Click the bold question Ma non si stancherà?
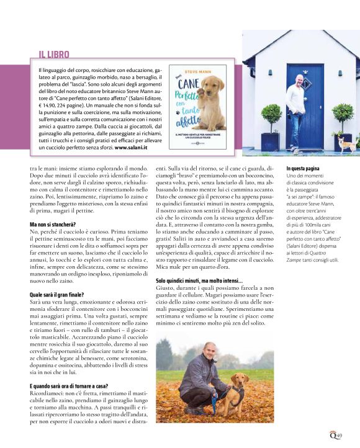coord(52,224)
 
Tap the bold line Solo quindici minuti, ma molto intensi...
coord(199,281)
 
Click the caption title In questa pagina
coord(302,169)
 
